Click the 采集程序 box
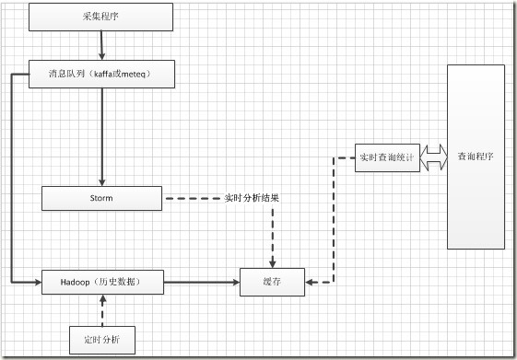click(100, 16)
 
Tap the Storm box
click(101, 198)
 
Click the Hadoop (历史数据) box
click(102, 281)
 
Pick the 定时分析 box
click(101, 339)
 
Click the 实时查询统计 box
click(385, 157)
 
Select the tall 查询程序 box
click(476, 157)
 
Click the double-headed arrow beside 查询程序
click(431, 157)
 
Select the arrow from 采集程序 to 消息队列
click(101, 44)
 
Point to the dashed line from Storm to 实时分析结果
click(192, 198)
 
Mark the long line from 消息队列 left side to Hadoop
click(10, 175)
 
